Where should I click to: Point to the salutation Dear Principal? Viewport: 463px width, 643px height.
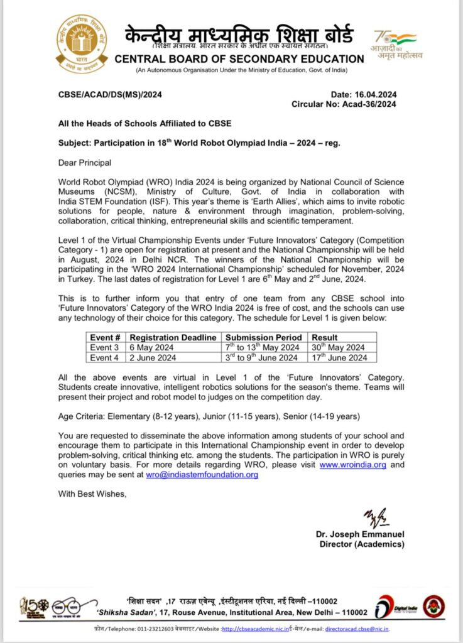pyautogui.click(x=85, y=163)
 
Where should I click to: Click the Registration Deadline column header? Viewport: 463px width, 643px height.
pyautogui.click(x=173, y=337)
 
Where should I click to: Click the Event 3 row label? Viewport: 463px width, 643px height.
pyautogui.click(x=104, y=347)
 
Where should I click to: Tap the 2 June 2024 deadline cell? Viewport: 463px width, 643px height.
pyautogui.click(x=150, y=358)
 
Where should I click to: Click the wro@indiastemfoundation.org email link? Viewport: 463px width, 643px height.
pyautogui.click(x=202, y=475)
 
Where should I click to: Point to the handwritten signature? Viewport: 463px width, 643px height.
pyautogui.click(x=376, y=519)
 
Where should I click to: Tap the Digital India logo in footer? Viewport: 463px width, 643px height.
pyautogui.click(x=395, y=607)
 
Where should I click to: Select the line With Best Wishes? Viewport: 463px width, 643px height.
pyautogui.click(x=92, y=494)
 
